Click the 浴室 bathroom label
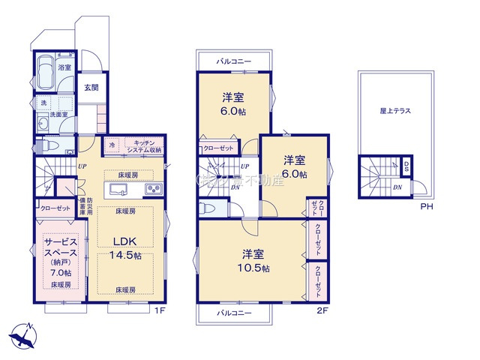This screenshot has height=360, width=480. click(65, 67)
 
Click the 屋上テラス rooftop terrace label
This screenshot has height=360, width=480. click(394, 110)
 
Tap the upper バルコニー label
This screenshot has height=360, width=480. click(234, 60)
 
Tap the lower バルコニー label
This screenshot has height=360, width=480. click(234, 312)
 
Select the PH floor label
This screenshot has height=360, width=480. click(425, 206)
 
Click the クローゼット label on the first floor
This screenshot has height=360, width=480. click(51, 208)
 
